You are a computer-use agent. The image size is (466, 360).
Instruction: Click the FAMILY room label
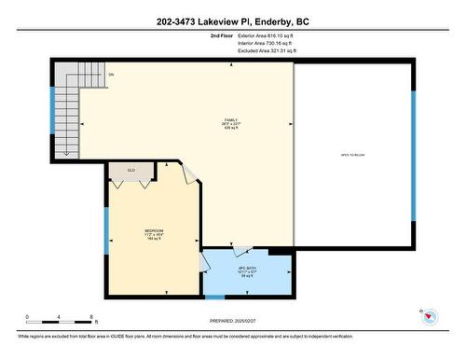pos(231,120)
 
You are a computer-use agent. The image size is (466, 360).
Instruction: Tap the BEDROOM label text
pos(154,230)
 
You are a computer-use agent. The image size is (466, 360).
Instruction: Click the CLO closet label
pos(130,171)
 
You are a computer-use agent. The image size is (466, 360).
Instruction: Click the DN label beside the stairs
pos(111,75)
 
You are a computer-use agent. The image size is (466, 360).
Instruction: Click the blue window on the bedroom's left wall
pos(106,229)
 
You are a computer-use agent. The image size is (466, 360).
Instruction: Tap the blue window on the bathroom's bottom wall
pos(215,297)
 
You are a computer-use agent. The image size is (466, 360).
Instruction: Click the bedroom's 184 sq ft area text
pos(154,240)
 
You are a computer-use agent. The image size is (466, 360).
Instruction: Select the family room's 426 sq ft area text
pos(231,131)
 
